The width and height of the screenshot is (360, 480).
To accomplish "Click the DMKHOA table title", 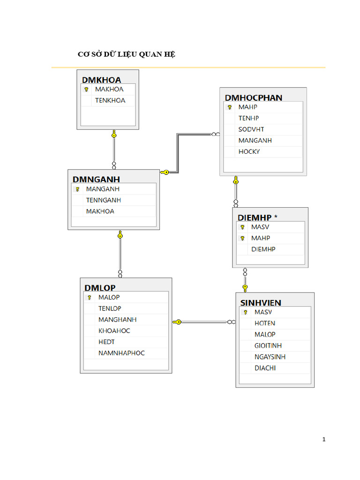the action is coord(101,80).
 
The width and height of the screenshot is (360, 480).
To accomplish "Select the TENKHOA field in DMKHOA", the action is coord(110,100).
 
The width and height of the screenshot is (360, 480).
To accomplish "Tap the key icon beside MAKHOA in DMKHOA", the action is coord(86,90).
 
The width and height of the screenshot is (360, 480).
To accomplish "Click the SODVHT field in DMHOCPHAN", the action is coord(251,129).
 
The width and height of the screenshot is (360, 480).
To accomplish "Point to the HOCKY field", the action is coord(249,151).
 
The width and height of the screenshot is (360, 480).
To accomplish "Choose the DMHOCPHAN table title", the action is coord(254,97).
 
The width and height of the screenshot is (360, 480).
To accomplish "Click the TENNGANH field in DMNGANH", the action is coord(104,200).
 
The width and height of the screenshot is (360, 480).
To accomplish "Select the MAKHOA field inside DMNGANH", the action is coord(100,211).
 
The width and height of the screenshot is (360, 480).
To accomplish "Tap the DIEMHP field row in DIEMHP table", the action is coord(263,249).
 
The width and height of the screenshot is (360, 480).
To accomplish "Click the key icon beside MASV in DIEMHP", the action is coord(242,227).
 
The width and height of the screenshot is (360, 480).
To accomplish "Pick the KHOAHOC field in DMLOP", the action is coord(114,330).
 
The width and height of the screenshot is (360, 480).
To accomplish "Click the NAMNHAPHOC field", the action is coord(121,353).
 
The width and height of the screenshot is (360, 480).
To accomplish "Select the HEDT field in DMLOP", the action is coord(106,342).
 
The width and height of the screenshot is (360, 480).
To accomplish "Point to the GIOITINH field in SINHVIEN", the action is coord(268,345).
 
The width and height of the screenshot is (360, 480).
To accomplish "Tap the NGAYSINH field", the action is coord(270,357).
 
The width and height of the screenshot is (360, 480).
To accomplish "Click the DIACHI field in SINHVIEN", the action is coord(265,368).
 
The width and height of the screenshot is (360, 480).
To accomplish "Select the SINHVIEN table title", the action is coord(261,303).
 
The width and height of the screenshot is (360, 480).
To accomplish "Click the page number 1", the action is coord(324,439).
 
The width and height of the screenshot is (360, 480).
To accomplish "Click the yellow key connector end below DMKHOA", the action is coord(114,134).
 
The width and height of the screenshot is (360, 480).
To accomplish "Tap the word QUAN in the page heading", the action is coord(150,54).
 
